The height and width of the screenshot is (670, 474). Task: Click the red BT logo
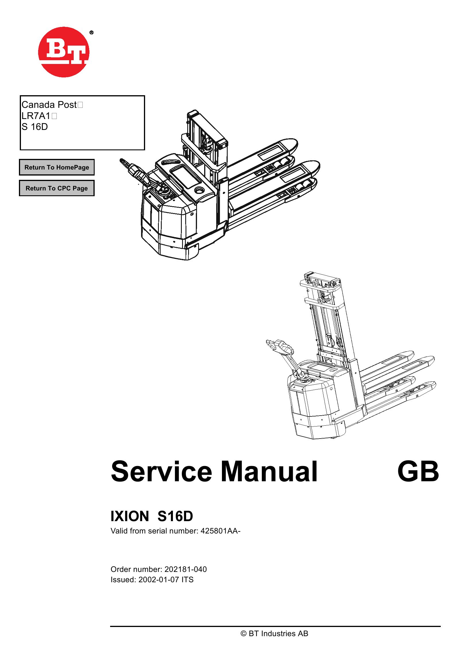[x=64, y=52]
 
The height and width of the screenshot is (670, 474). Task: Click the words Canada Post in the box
[x=49, y=104]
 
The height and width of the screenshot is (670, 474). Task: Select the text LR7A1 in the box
[x=36, y=116]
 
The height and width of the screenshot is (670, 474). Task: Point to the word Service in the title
[x=161, y=472]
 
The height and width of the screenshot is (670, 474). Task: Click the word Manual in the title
[x=269, y=472]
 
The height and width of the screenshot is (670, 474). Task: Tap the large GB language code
[x=418, y=472]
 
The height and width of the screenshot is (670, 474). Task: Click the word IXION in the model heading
[x=130, y=517]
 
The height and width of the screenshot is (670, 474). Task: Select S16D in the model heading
[x=175, y=517]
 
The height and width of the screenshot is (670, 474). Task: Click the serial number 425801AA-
[x=220, y=531]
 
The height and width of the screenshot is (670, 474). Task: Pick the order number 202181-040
[x=186, y=569]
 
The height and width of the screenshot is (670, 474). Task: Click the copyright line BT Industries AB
[x=274, y=634]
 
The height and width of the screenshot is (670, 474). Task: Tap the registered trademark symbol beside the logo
[x=91, y=33]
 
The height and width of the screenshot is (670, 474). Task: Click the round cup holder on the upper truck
[x=199, y=190]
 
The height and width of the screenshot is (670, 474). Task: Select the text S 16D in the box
[x=35, y=127]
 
